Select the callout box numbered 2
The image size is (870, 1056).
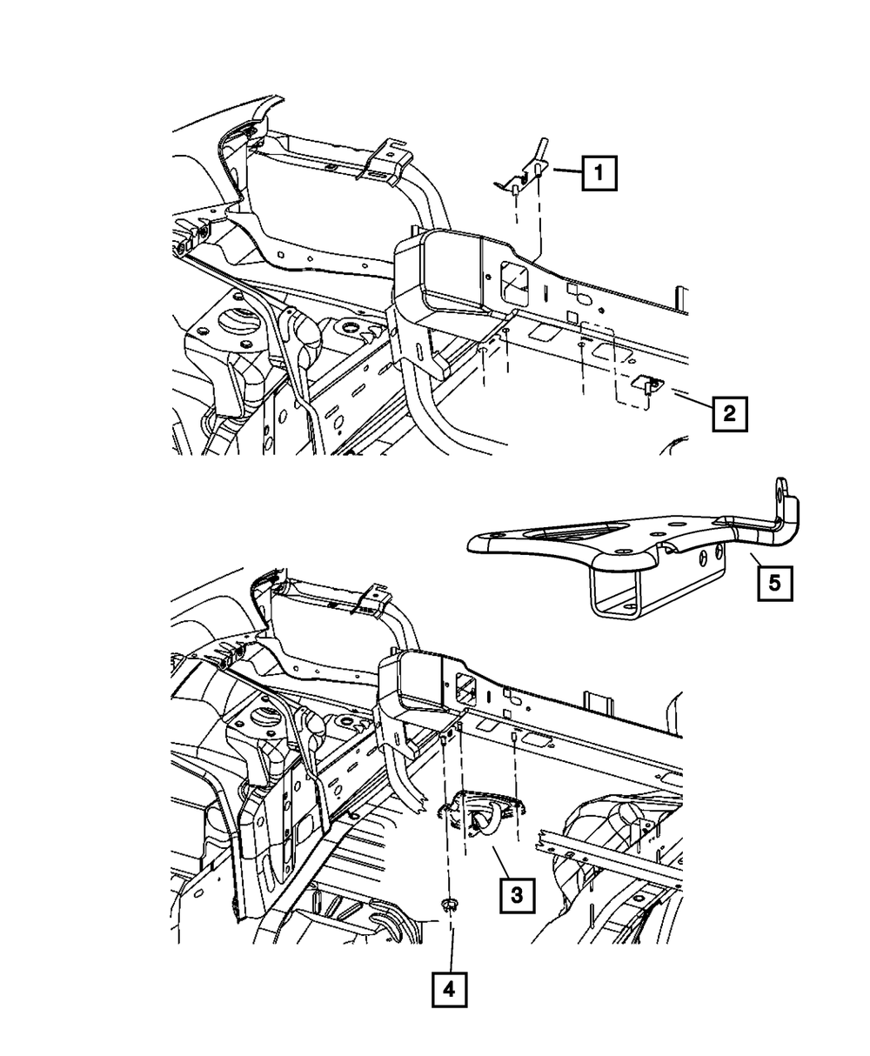pos(729,413)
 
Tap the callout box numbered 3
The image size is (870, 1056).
pos(516,893)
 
